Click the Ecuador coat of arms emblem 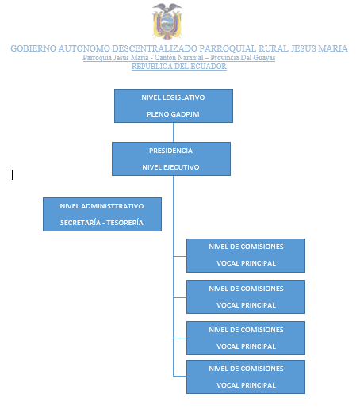pyautogui.click(x=167, y=21)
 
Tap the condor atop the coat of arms pyautogui.click(x=167, y=8)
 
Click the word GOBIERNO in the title pyautogui.click(x=33, y=48)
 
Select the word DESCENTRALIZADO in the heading pyautogui.click(x=155, y=48)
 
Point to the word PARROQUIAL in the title pyautogui.click(x=228, y=48)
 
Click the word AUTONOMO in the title pyautogui.click(x=84, y=48)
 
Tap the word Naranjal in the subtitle pyautogui.click(x=191, y=58)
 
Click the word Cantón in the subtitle pyautogui.click(x=166, y=58)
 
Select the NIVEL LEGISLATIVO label pyautogui.click(x=173, y=97)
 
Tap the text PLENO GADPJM pyautogui.click(x=173, y=114)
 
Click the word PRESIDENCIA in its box pyautogui.click(x=170, y=151)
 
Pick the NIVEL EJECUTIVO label pyautogui.click(x=170, y=167)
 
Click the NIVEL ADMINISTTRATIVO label pyautogui.click(x=101, y=206)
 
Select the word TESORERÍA pyautogui.click(x=124, y=223)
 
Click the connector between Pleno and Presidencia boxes pyautogui.click(x=173, y=132)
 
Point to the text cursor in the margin pyautogui.click(x=12, y=175)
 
